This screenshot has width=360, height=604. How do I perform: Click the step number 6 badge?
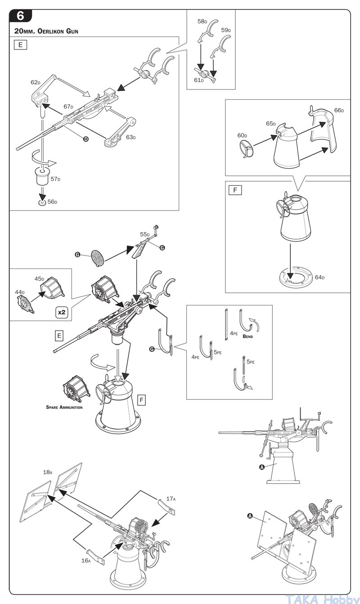click(x=21, y=16)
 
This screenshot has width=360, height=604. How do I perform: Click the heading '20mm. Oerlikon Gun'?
click(x=47, y=32)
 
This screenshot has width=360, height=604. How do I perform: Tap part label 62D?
click(x=36, y=83)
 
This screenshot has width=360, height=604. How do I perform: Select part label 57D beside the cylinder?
click(x=55, y=179)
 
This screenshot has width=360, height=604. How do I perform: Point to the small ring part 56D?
click(x=42, y=202)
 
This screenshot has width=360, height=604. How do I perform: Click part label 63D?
click(x=130, y=137)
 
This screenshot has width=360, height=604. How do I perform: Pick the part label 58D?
click(x=202, y=22)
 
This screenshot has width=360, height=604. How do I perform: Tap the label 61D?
click(x=199, y=80)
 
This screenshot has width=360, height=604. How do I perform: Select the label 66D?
click(x=339, y=110)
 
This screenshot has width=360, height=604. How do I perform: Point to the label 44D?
click(x=20, y=292)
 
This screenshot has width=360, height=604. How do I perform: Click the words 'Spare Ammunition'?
click(x=64, y=407)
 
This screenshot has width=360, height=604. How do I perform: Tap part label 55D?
click(x=144, y=235)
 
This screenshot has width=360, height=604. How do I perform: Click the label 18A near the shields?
click(x=48, y=472)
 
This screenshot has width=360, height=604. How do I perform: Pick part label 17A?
click(x=171, y=498)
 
